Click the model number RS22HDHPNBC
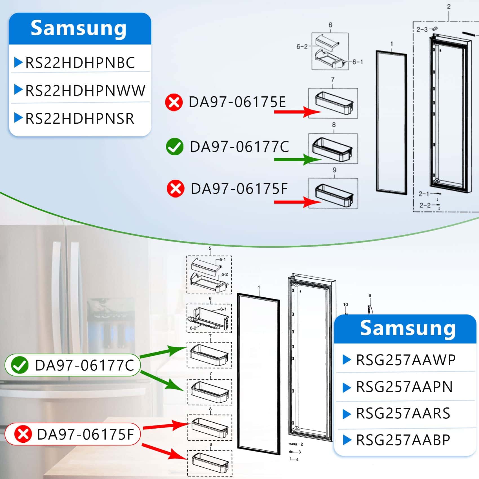[x=80, y=63]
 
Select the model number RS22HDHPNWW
[x=85, y=90]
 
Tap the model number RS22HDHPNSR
[x=79, y=118]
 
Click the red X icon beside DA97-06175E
[x=174, y=102]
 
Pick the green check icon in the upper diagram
[x=175, y=147]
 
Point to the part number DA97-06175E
[x=237, y=102]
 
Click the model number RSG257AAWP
[x=406, y=360]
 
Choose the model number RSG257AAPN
[x=404, y=387]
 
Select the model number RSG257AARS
[x=403, y=413]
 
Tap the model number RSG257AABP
[x=403, y=440]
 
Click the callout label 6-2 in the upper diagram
[x=302, y=46]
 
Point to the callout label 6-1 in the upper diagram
[x=358, y=62]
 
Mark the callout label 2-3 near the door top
[x=422, y=29]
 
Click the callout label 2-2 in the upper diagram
[x=425, y=205]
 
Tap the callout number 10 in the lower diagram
[x=345, y=305]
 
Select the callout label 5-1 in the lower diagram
[x=223, y=260]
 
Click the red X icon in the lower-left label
[x=23, y=434]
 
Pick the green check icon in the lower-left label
[x=20, y=365]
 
